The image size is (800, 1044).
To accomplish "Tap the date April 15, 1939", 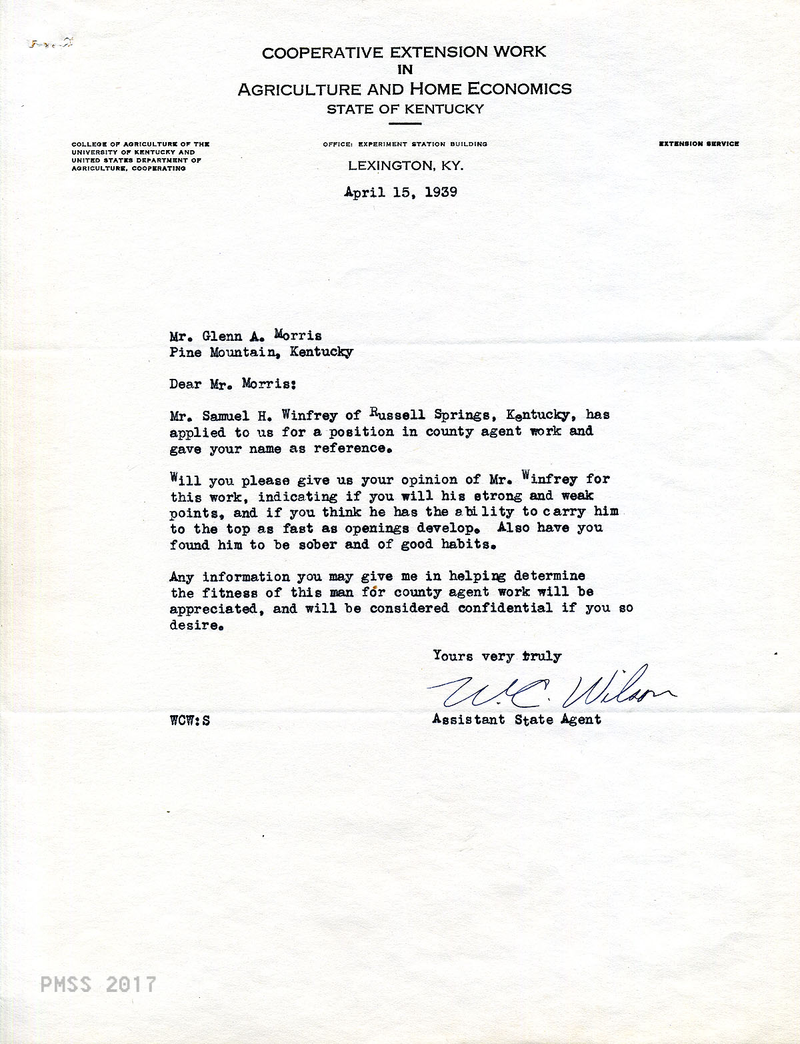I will [401, 192].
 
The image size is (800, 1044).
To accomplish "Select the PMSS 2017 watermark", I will [99, 984].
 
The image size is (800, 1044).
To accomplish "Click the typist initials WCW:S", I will [190, 720].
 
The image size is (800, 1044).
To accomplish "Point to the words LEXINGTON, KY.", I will [405, 165].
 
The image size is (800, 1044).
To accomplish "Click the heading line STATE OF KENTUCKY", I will [405, 109].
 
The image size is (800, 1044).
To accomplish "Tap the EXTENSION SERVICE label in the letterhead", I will [699, 144].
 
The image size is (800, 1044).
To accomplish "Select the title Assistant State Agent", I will [517, 720].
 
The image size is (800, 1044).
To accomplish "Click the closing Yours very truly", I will [497, 656].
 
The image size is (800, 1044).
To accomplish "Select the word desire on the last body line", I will [194, 626].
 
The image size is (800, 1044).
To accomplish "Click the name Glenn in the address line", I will [227, 336].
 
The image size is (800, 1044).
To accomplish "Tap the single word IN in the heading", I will [405, 69].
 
